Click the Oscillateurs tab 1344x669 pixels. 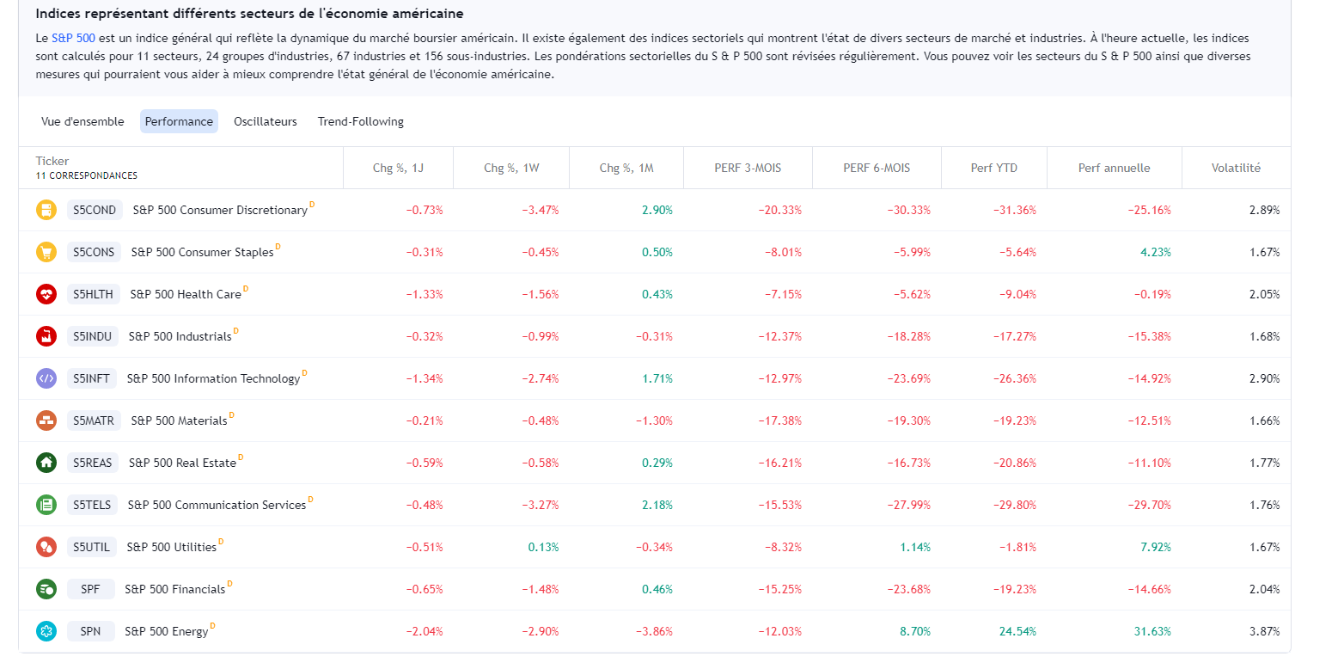click(265, 121)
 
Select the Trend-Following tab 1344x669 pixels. click(360, 121)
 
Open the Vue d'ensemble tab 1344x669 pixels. click(82, 121)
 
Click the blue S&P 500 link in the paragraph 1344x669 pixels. click(73, 38)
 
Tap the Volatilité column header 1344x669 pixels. click(1236, 168)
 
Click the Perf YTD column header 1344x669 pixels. click(993, 168)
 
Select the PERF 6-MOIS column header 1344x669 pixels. click(877, 168)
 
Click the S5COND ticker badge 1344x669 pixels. click(95, 210)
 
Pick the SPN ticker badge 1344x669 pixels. click(90, 631)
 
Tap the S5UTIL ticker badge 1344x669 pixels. click(92, 547)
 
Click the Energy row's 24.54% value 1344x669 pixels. click(1017, 631)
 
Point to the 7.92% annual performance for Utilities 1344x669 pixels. click(1155, 547)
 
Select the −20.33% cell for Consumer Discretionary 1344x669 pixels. click(779, 210)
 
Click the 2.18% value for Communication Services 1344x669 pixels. click(657, 505)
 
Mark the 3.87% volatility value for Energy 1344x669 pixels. click(1264, 631)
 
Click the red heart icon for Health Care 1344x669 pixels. click(46, 294)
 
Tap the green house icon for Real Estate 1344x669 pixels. click(46, 463)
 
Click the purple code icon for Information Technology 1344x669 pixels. click(46, 378)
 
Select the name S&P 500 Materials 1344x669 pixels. click(179, 420)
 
